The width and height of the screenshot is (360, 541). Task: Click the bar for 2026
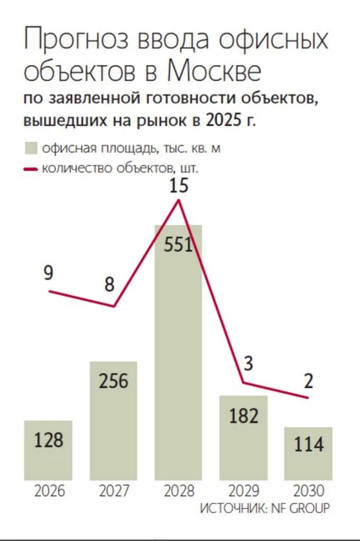[48, 450]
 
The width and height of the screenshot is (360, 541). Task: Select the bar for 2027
[113, 420]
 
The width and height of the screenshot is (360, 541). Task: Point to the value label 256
[113, 380]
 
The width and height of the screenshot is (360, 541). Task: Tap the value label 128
[48, 441]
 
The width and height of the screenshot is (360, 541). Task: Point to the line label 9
[48, 273]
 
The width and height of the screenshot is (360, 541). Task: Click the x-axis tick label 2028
[178, 490]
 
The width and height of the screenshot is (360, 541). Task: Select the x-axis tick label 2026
[48, 490]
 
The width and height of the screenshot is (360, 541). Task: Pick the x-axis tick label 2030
[308, 490]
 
